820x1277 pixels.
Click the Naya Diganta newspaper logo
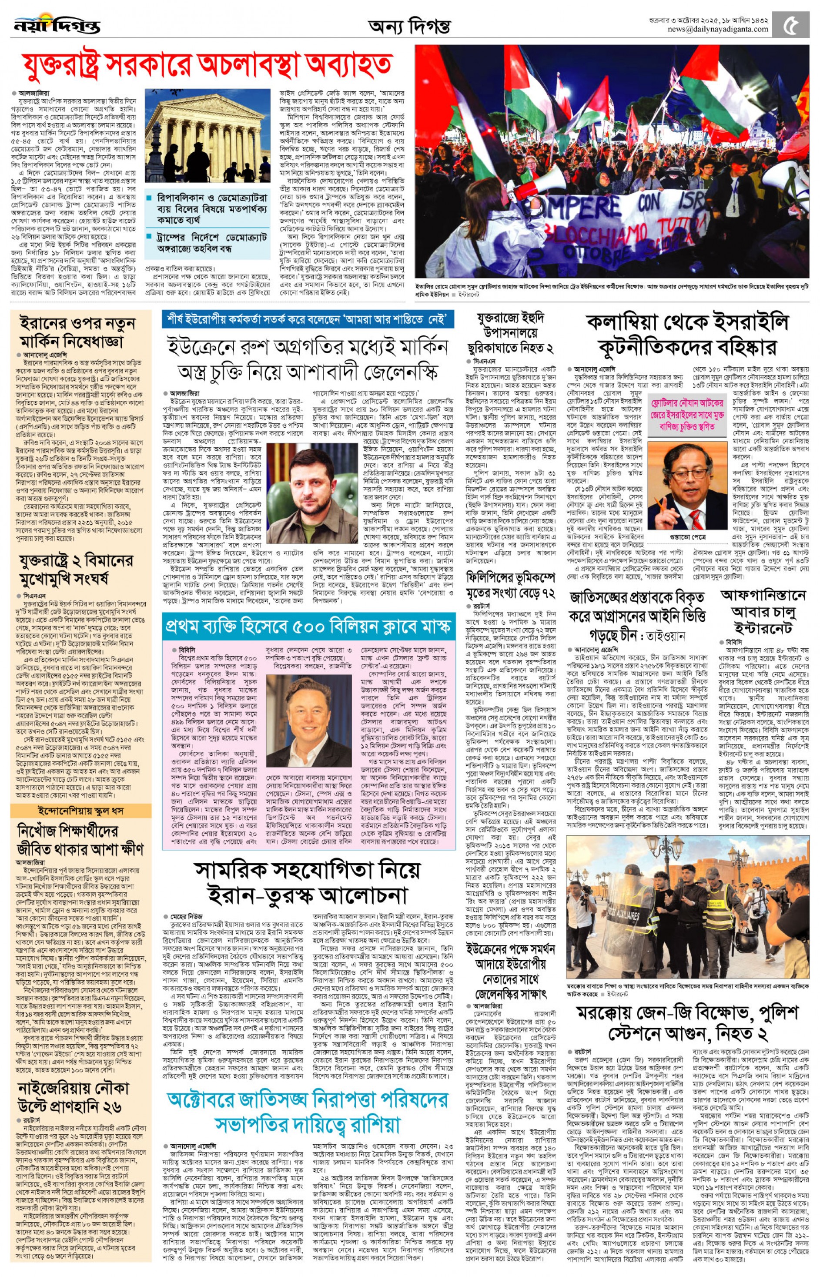57,23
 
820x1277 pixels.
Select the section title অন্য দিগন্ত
409,26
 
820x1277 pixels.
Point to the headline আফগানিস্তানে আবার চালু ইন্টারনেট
763,612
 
